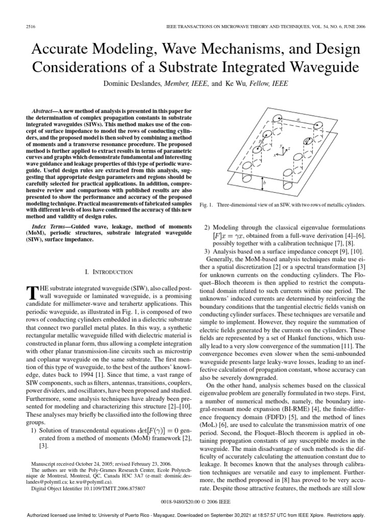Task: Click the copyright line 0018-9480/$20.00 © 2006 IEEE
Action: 196,502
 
